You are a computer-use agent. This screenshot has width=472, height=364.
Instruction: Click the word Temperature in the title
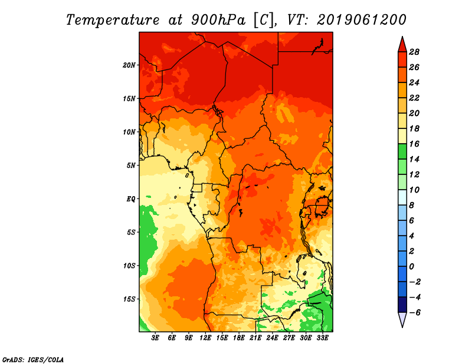(113, 20)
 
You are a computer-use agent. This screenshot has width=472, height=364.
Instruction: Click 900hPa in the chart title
(218, 20)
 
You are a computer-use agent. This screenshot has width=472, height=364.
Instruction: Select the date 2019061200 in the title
(362, 20)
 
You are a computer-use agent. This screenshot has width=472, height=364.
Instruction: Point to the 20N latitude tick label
(129, 65)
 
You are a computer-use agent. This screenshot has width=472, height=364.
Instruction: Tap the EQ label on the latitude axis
(130, 199)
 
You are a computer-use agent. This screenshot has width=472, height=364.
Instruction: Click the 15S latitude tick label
(129, 299)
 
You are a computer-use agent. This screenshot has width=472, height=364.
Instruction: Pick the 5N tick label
(131, 166)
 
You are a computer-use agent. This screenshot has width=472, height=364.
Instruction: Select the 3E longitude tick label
(155, 338)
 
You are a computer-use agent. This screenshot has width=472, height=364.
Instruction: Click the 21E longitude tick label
(255, 338)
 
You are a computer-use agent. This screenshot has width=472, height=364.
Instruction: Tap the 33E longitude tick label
(322, 338)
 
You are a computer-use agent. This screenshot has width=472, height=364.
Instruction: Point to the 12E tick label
(205, 338)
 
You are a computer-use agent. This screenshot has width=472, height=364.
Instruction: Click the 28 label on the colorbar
(414, 52)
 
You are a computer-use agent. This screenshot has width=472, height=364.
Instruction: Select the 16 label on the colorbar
(414, 144)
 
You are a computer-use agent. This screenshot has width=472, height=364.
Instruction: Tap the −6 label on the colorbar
(414, 313)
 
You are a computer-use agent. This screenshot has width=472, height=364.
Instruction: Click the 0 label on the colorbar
(411, 267)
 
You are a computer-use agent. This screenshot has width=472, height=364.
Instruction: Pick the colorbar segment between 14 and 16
(402, 151)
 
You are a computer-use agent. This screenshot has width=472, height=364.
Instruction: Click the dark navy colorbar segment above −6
(402, 305)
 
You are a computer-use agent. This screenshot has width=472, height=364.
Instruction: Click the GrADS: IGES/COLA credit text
(33, 360)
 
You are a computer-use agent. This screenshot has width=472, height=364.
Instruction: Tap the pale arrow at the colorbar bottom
(402, 319)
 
